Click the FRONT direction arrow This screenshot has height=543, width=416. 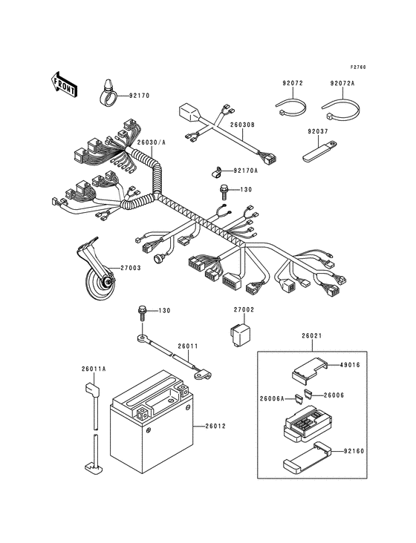tap(64, 85)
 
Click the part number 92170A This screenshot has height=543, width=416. tap(245, 171)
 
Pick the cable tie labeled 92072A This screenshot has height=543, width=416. tap(341, 108)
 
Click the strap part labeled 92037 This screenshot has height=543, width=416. tap(320, 151)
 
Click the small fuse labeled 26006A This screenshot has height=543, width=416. tap(297, 398)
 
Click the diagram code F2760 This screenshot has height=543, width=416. tap(358, 68)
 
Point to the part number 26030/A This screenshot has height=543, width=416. tap(151, 142)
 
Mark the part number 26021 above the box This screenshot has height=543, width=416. tap(312, 335)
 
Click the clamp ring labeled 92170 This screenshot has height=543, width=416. tap(106, 93)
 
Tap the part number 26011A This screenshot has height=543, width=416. tap(94, 369)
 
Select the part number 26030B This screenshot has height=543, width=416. tap(242, 125)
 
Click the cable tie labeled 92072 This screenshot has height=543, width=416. tap(291, 107)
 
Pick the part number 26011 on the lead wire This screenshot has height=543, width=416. tap(187, 346)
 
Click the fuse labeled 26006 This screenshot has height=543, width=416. tap(308, 393)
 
